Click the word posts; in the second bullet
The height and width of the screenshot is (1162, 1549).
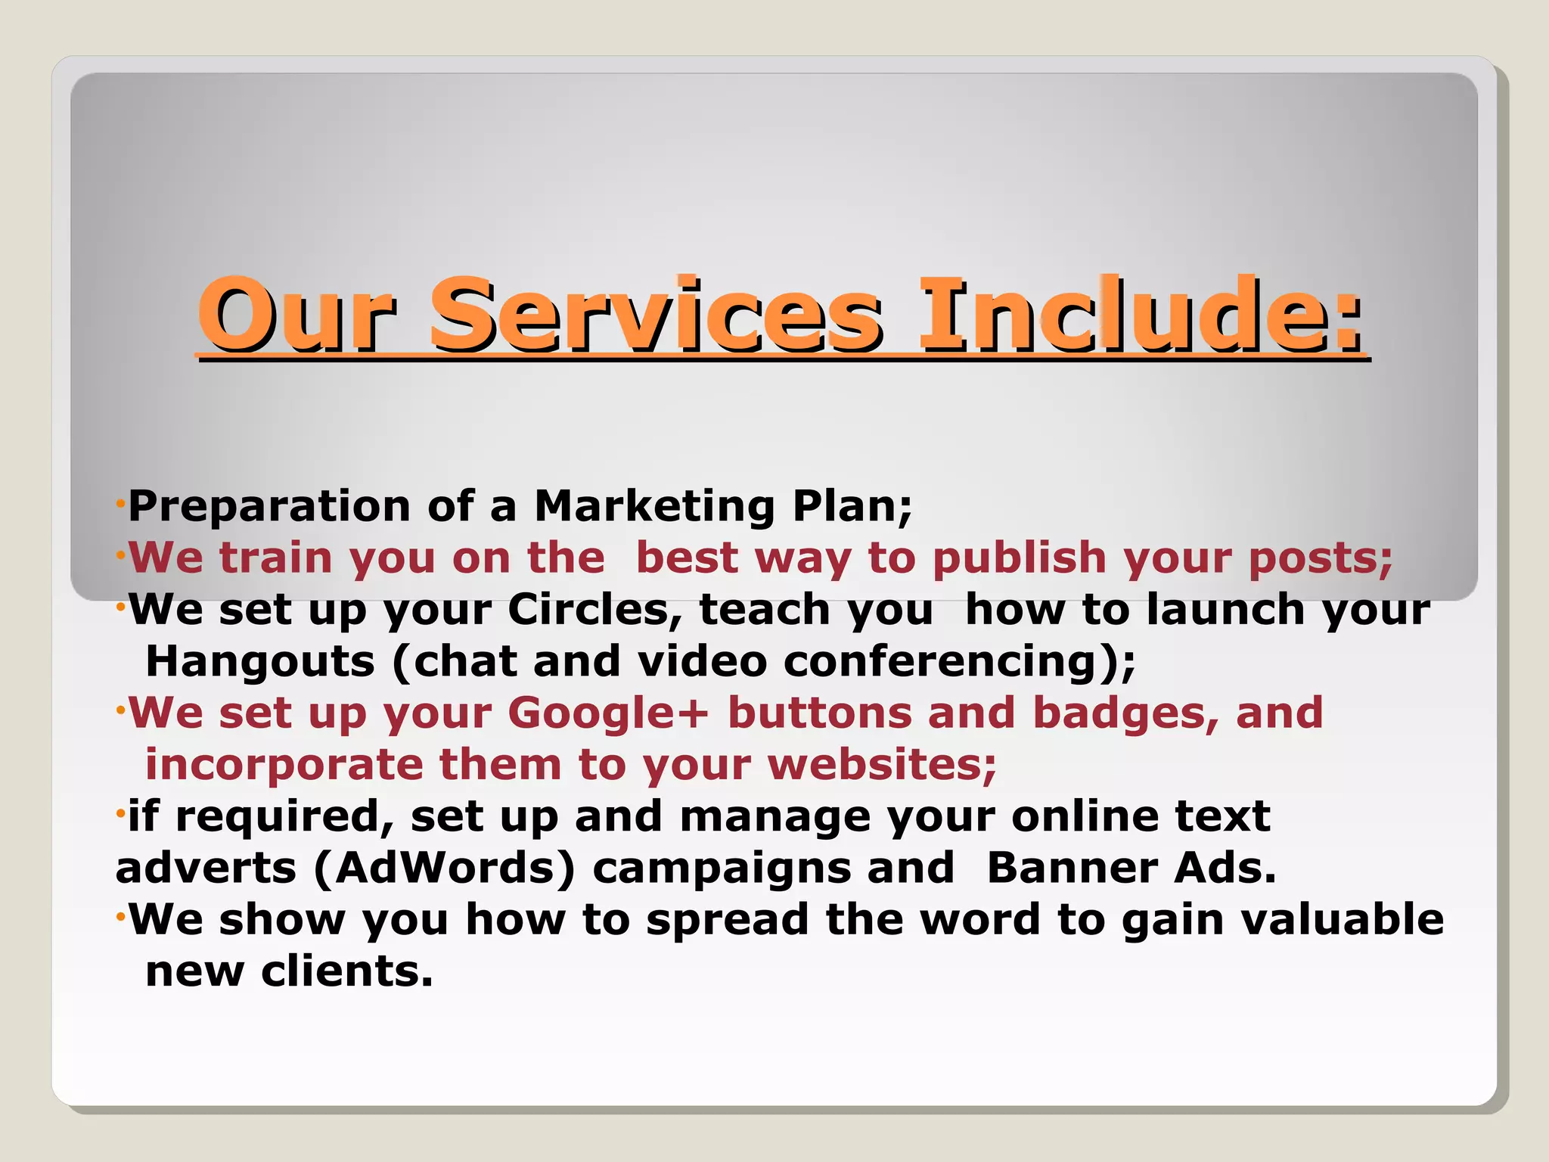[1321, 560]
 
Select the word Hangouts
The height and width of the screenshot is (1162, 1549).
[260, 661]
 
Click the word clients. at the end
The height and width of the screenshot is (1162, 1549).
[347, 971]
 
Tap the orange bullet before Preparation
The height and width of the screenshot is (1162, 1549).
[120, 504]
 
